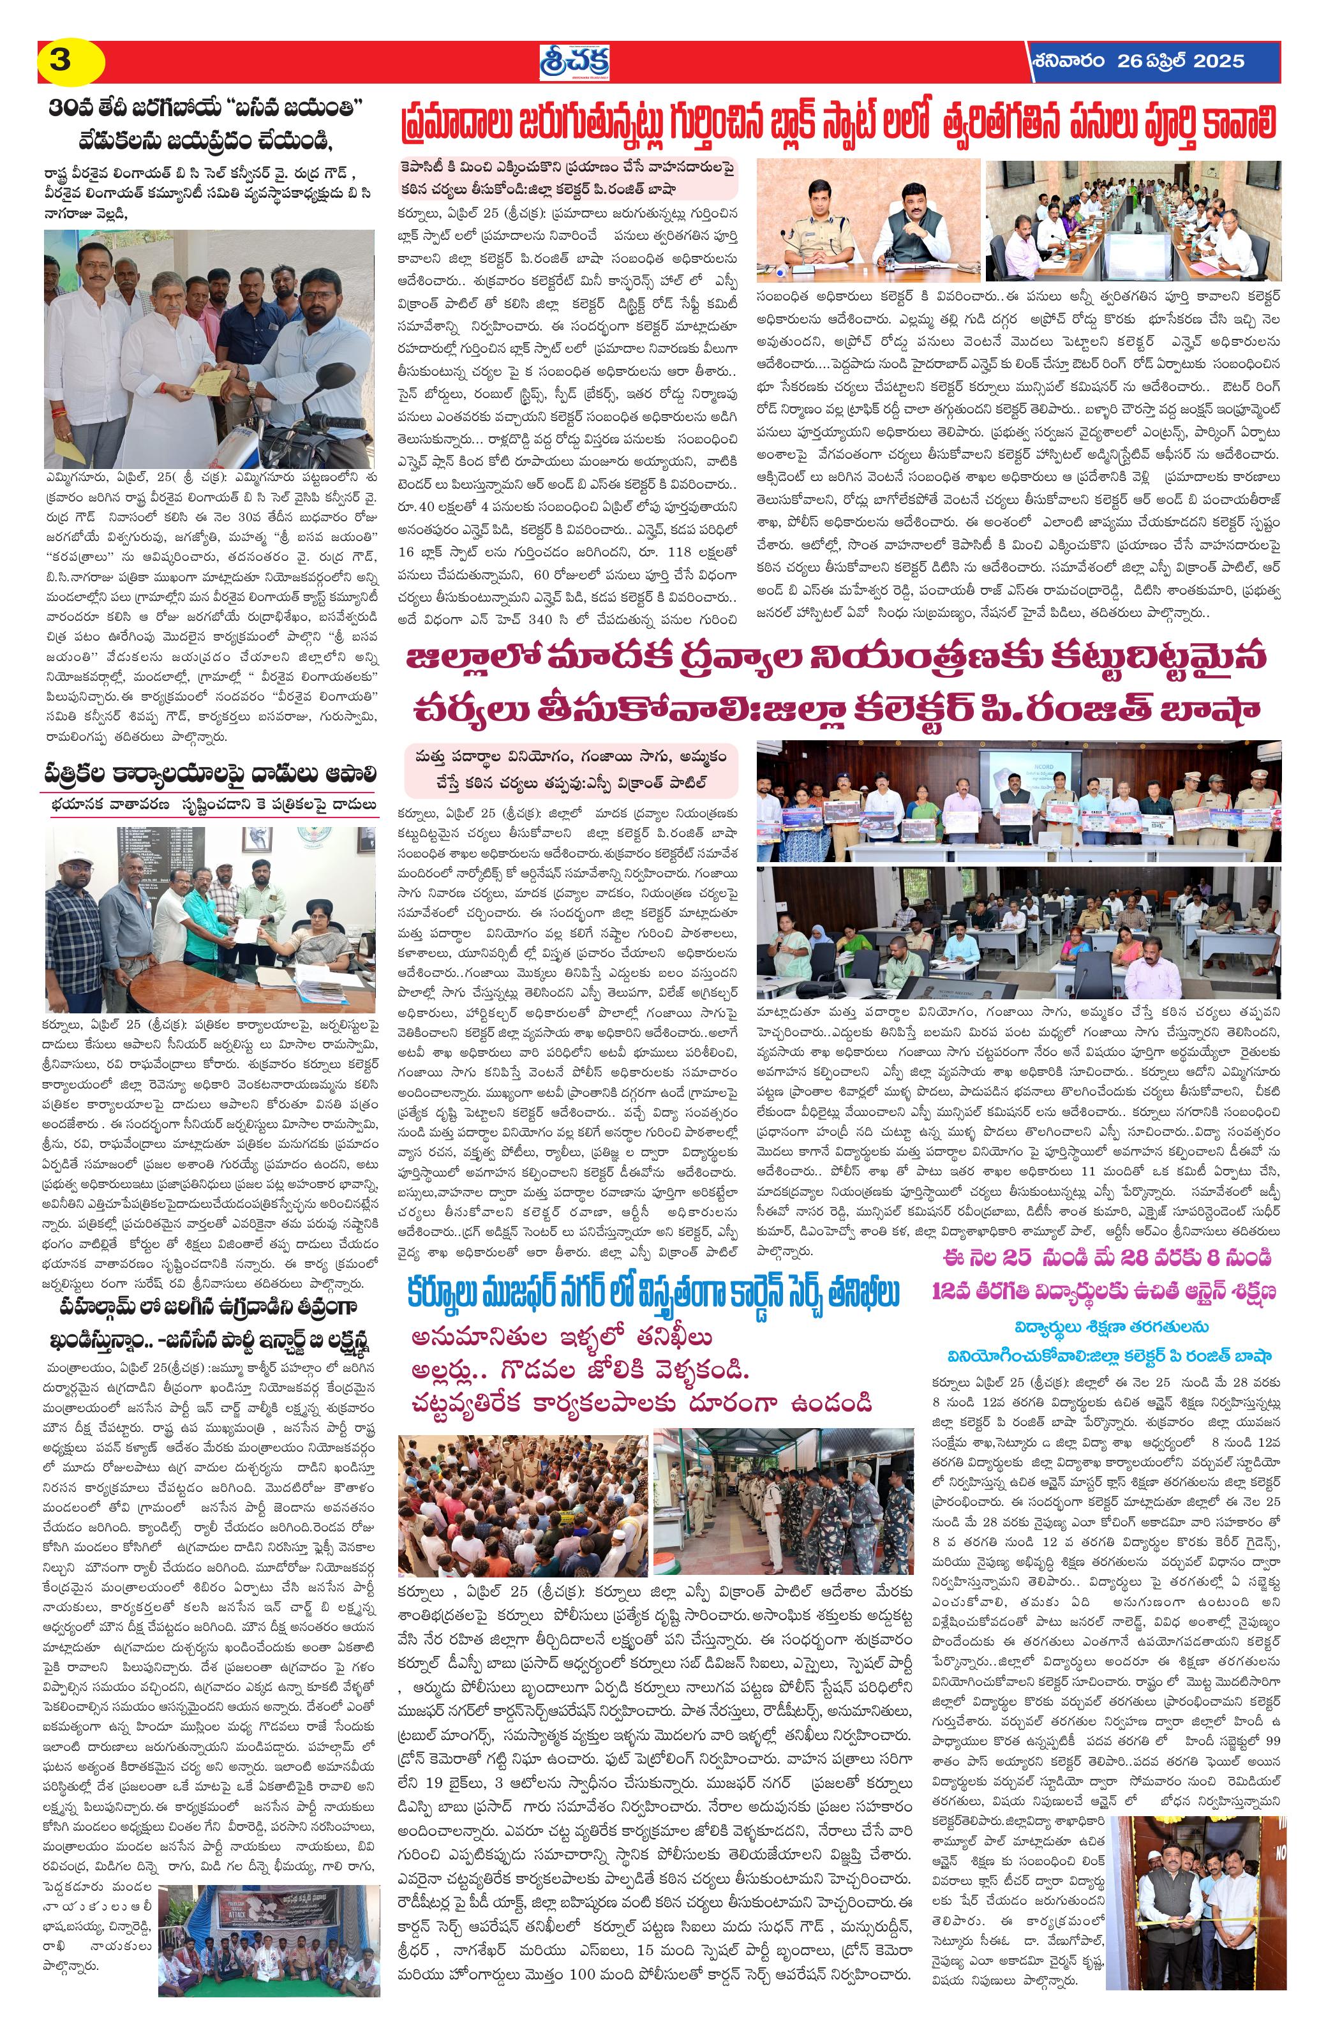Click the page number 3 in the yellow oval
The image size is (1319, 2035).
61,61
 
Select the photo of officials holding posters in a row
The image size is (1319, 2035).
1018,800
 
